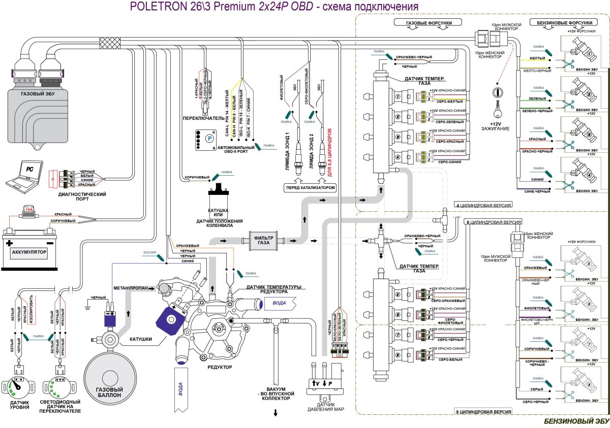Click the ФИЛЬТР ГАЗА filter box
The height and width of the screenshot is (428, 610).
pos(263,241)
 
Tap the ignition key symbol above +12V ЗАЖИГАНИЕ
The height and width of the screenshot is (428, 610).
pos(496,96)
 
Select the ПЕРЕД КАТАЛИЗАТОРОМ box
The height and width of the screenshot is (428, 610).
pos(310,188)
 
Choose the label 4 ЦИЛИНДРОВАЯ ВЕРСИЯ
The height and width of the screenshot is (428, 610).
pos(482,205)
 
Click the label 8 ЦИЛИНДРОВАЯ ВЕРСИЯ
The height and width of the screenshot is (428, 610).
pos(482,411)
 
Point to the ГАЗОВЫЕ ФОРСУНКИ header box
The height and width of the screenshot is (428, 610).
pos(428,23)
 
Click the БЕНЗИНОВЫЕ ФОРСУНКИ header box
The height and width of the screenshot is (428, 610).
pos(561,23)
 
